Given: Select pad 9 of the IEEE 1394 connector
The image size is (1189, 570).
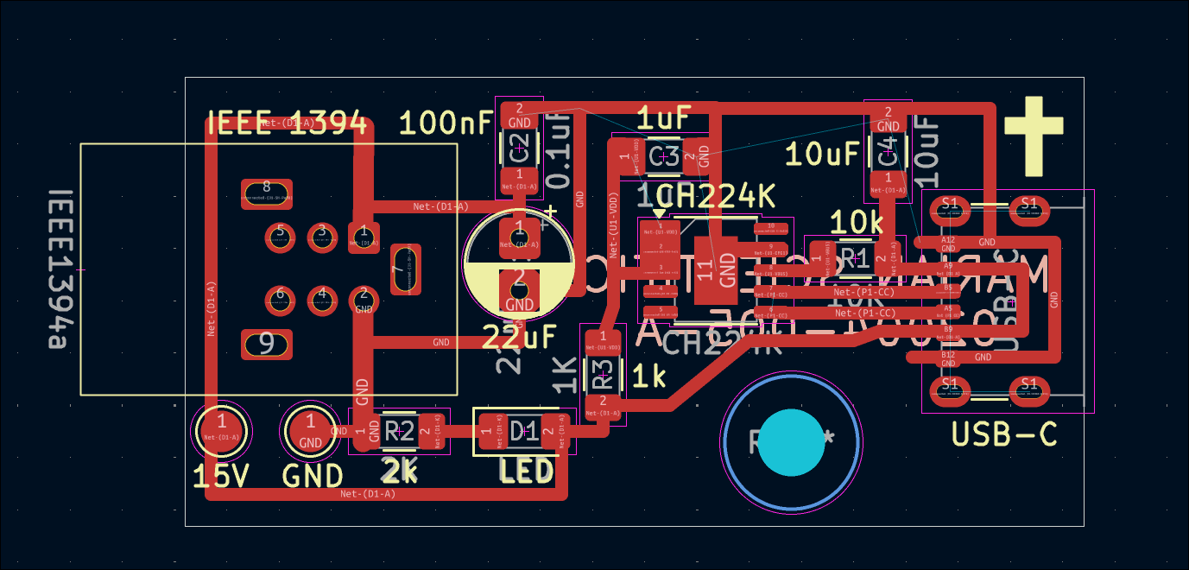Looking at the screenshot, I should pyautogui.click(x=267, y=344).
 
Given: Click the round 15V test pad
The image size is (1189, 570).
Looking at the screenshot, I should pyautogui.click(x=222, y=428).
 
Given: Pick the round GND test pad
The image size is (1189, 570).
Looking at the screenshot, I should pyautogui.click(x=310, y=429).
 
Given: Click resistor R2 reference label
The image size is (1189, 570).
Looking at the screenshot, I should pyautogui.click(x=400, y=430).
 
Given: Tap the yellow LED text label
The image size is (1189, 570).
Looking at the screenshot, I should pyautogui.click(x=527, y=472).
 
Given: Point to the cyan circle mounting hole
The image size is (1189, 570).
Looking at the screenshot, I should pyautogui.click(x=792, y=442).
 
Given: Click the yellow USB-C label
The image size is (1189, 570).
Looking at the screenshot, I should pyautogui.click(x=1004, y=434).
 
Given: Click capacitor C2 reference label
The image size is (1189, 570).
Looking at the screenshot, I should pyautogui.click(x=519, y=149).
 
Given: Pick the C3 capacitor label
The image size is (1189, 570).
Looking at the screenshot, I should pyautogui.click(x=664, y=156).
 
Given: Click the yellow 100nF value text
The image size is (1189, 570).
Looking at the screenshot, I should pyautogui.click(x=446, y=123).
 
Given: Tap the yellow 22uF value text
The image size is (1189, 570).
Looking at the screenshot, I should pyautogui.click(x=520, y=336).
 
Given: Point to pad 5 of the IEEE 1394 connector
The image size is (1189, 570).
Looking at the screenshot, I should pyautogui.click(x=279, y=234).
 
